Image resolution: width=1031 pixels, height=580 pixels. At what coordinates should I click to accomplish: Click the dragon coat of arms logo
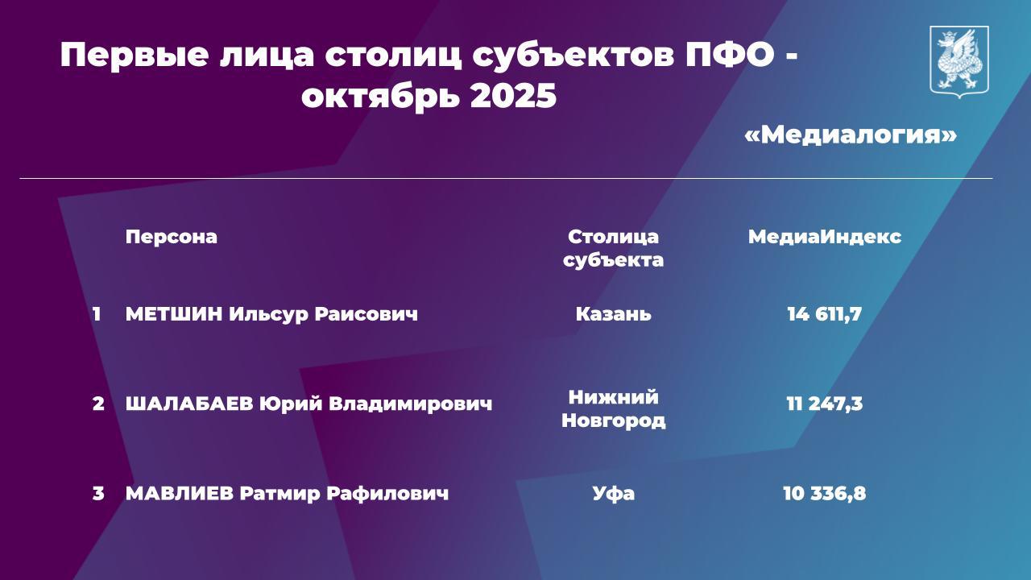point(959,62)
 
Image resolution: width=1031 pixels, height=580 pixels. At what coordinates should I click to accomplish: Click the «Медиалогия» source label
point(851,134)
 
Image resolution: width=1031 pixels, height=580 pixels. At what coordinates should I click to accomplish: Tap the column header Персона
point(171,237)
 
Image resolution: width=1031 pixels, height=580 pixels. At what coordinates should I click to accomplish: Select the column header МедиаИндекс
point(824,237)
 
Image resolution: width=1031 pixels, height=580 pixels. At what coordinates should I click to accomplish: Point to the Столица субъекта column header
point(613,248)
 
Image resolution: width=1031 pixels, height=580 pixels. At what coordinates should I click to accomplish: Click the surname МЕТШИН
point(173,313)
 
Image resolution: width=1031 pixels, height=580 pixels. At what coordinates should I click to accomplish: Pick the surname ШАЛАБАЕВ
point(188,404)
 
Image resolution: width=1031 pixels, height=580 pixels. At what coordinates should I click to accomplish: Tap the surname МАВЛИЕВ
point(180,493)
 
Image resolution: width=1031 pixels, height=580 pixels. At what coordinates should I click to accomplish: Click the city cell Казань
point(613,313)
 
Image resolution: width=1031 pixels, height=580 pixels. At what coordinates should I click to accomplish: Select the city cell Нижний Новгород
point(613,408)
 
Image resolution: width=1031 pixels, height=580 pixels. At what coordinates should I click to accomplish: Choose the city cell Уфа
point(613,493)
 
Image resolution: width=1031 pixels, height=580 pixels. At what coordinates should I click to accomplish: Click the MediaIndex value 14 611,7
point(824,313)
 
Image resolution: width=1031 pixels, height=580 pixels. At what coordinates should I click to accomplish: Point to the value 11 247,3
point(824,404)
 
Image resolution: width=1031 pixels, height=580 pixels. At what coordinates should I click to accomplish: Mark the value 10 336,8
point(824,493)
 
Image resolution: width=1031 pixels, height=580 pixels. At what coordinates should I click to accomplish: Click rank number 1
point(97,313)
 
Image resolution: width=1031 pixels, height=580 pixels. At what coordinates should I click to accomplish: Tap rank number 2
point(97,404)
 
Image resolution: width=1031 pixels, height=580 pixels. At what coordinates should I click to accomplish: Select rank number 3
point(97,493)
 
